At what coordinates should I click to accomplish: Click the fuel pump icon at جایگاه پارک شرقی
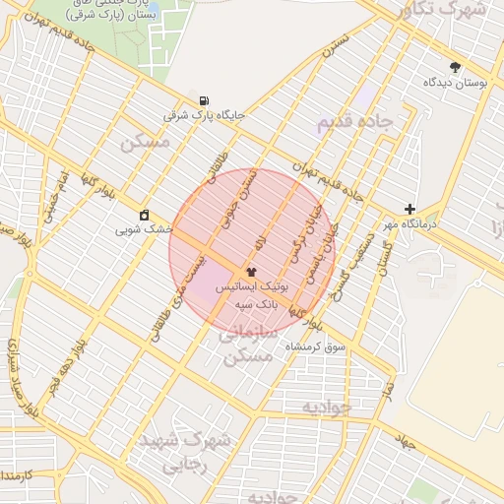click(x=204, y=100)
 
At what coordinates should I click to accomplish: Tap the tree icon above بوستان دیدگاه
click(x=454, y=68)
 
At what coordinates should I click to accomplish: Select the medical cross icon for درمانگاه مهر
click(x=410, y=209)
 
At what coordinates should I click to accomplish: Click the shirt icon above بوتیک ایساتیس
click(x=251, y=271)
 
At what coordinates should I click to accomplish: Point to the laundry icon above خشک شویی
click(x=145, y=215)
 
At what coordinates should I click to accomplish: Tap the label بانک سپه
click(x=257, y=306)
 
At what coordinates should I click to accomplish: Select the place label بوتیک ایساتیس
click(x=250, y=288)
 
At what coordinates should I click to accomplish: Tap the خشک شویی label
click(x=145, y=229)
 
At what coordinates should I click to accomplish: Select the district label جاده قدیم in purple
click(x=354, y=121)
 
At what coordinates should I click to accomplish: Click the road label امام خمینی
click(x=51, y=198)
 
